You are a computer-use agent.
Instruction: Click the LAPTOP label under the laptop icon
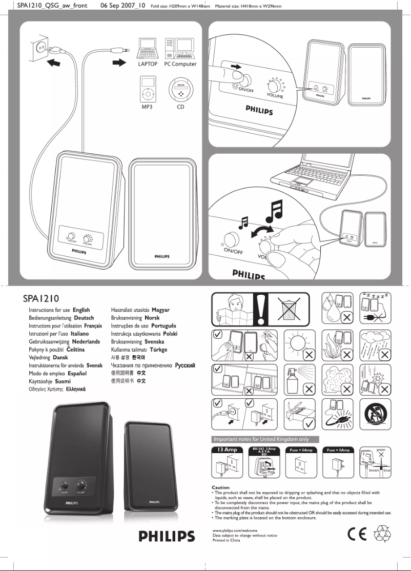pyautogui.click(x=147, y=64)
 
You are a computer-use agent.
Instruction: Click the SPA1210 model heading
pyautogui.click(x=43, y=298)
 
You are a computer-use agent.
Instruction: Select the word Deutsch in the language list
pyautogui.click(x=84, y=318)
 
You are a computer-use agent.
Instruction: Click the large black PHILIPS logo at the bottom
pyautogui.click(x=167, y=537)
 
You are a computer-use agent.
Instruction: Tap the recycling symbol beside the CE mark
pyautogui.click(x=382, y=535)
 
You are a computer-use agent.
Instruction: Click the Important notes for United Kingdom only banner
pyautogui.click(x=265, y=439)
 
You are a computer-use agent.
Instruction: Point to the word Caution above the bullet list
pyautogui.click(x=221, y=487)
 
